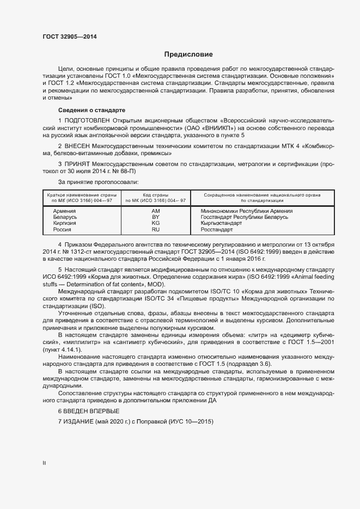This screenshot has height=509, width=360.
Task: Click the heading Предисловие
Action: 189,54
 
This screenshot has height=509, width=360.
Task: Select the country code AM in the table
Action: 155,211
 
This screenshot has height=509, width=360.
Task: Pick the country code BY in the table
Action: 155,217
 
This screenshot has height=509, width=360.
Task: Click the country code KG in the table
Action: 155,223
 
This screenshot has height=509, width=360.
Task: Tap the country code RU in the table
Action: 155,230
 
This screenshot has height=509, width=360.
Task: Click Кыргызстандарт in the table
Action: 223,223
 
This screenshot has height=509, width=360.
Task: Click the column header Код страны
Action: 155,194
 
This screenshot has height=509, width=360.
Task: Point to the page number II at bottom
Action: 45,463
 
